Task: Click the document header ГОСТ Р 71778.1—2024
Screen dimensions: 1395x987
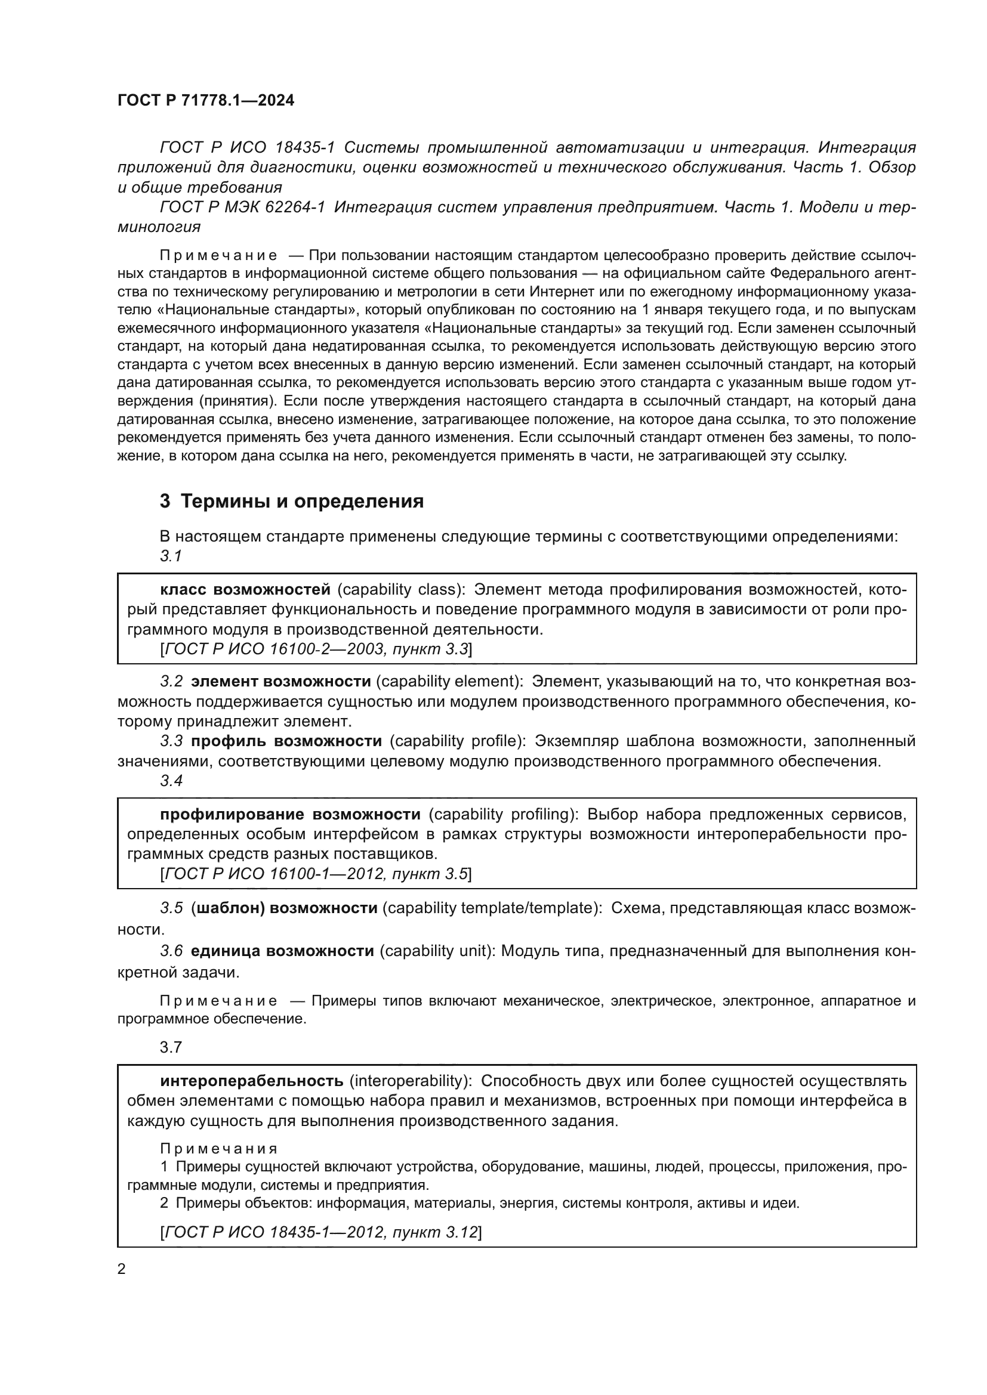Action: click(x=205, y=101)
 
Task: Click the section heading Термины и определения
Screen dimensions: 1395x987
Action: click(x=292, y=501)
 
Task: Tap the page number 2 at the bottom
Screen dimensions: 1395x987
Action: click(x=122, y=1269)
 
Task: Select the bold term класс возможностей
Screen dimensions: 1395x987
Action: click(x=245, y=589)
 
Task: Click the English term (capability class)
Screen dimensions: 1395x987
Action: click(x=401, y=589)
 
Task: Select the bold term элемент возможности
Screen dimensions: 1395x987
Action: click(x=281, y=681)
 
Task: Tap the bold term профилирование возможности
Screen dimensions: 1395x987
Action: click(x=290, y=814)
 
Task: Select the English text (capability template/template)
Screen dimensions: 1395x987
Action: click(x=491, y=908)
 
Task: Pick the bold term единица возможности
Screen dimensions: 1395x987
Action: click(x=282, y=951)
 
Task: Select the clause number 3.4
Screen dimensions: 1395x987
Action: click(x=171, y=781)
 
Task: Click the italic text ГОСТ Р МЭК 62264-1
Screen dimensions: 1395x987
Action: click(x=242, y=207)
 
